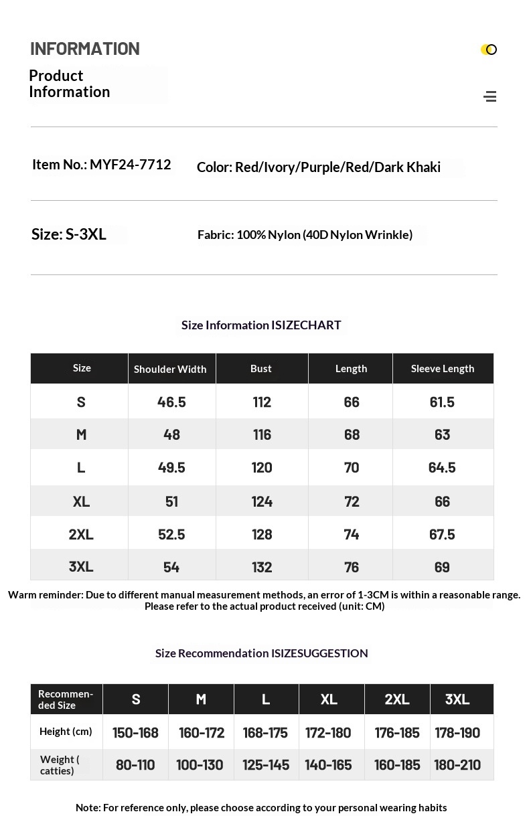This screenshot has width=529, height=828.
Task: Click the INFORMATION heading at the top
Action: (85, 49)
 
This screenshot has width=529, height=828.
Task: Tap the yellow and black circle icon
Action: (489, 50)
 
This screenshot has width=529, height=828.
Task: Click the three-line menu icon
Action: (490, 96)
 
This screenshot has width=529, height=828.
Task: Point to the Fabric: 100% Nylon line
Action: (305, 235)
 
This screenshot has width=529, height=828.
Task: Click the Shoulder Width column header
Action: (170, 369)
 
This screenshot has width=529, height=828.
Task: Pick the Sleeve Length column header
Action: (443, 369)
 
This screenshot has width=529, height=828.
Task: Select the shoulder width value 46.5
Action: (171, 402)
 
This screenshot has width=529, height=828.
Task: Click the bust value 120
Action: (262, 467)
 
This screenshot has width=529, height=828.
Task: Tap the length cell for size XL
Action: (352, 501)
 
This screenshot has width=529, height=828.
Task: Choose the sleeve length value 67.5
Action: (442, 534)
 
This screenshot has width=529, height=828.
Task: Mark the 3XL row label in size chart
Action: (81, 567)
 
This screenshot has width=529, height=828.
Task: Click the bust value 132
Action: (262, 567)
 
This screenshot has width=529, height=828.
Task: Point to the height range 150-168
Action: (135, 732)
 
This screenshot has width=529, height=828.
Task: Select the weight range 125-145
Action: (266, 764)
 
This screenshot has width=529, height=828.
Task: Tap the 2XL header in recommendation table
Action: (397, 699)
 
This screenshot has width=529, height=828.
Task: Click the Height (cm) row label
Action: (66, 732)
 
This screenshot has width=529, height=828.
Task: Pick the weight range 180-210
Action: (457, 764)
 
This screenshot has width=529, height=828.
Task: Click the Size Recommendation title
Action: (261, 653)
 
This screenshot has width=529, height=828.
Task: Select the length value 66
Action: (352, 402)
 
